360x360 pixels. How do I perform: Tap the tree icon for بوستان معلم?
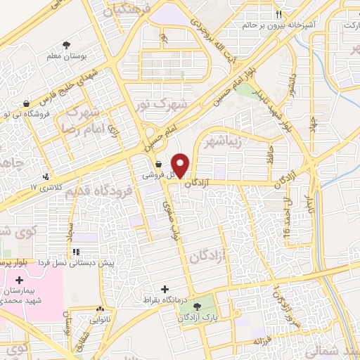[x=66, y=44]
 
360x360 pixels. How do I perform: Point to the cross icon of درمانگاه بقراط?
[x=166, y=289]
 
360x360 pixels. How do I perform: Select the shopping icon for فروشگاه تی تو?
[x=26, y=103]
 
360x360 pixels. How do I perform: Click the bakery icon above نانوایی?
[x=101, y=309]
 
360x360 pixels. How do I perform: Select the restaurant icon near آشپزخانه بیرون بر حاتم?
[x=279, y=15]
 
